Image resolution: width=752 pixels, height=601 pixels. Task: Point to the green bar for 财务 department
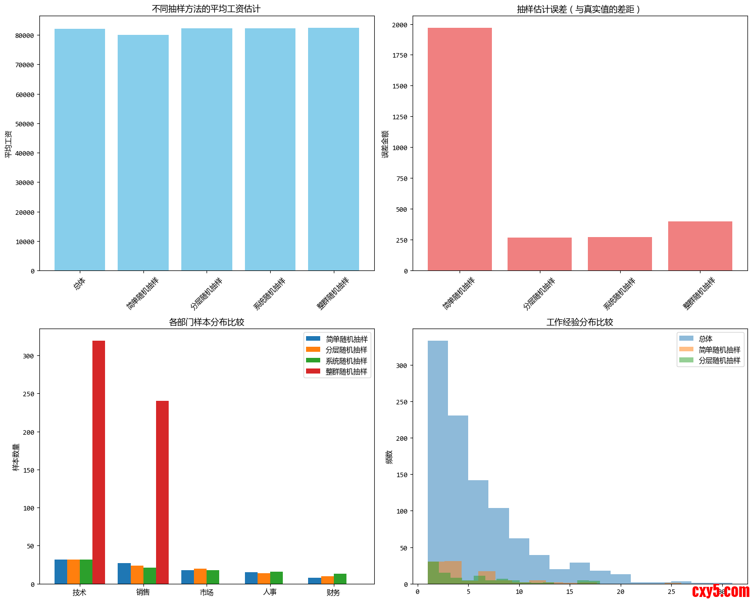pos(340,579)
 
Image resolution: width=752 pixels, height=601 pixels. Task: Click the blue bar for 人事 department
pos(251,578)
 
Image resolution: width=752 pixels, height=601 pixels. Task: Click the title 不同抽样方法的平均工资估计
pos(207,9)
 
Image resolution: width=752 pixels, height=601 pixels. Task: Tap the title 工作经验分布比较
pos(580,322)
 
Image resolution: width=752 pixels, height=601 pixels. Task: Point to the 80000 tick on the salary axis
pos(25,35)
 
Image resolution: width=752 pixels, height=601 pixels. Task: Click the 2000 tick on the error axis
pos(399,25)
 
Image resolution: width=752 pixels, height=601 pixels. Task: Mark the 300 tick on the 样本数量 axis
pos(28,356)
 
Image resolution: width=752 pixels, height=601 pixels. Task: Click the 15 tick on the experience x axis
pos(570,592)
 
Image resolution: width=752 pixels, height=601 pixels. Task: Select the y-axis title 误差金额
pos(385,144)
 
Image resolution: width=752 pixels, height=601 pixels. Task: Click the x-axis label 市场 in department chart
pos(207,592)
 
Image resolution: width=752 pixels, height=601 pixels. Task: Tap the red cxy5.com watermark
pos(721,591)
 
